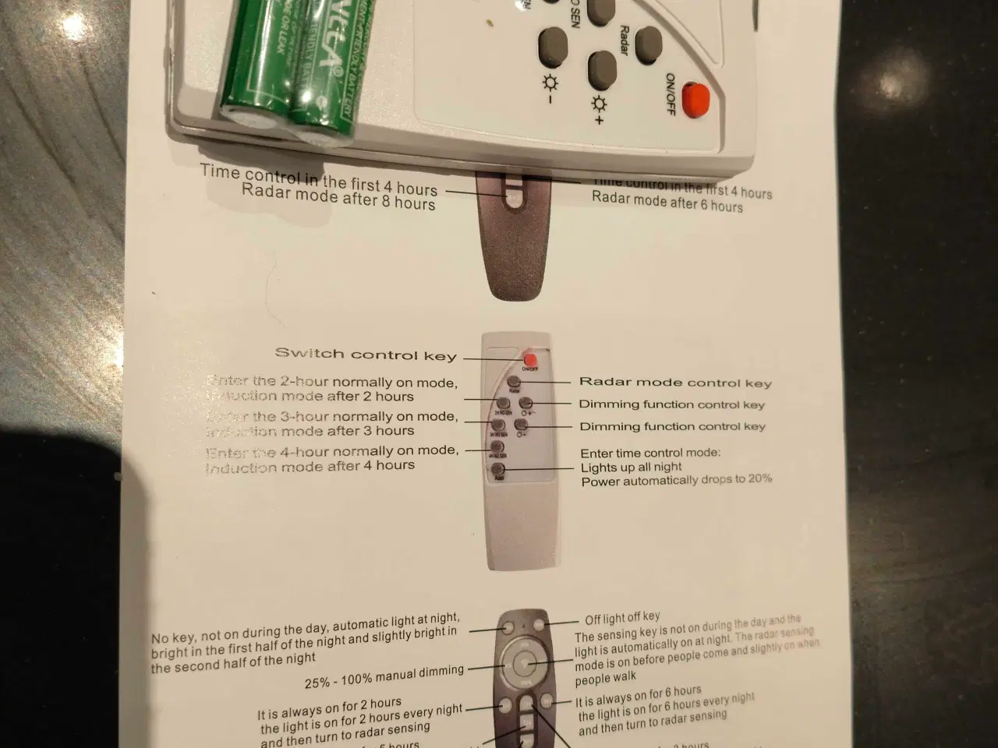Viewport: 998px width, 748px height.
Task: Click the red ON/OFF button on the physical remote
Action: pyautogui.click(x=695, y=100)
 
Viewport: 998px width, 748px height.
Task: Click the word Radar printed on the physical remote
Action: pyautogui.click(x=624, y=40)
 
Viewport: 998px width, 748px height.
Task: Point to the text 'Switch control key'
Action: pyautogui.click(x=366, y=355)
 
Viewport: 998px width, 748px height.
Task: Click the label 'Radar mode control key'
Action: pyautogui.click(x=675, y=383)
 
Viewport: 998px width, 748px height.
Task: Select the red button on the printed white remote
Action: pyautogui.click(x=531, y=359)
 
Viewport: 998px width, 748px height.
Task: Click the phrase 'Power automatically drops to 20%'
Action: pyautogui.click(x=676, y=480)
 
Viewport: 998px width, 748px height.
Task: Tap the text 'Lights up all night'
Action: pyautogui.click(x=631, y=467)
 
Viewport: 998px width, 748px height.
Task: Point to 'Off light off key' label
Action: pyautogui.click(x=622, y=618)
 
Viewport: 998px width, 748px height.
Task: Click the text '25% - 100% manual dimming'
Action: pyautogui.click(x=384, y=676)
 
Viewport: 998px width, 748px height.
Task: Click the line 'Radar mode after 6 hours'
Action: pyautogui.click(x=667, y=202)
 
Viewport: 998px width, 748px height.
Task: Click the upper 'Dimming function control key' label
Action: pyautogui.click(x=671, y=404)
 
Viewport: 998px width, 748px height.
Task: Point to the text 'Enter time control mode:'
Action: pyautogui.click(x=650, y=453)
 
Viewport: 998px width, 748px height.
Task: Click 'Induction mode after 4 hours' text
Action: pyautogui.click(x=310, y=467)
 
